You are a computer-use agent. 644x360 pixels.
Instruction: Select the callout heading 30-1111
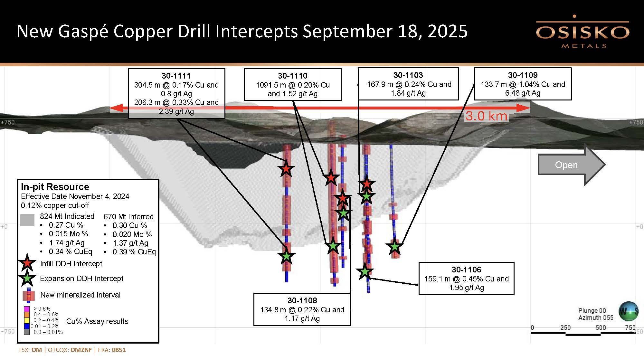(x=176, y=76)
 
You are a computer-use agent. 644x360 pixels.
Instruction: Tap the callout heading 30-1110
(x=293, y=76)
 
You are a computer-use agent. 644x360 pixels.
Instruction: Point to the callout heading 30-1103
(x=408, y=75)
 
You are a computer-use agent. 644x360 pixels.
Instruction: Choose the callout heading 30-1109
(x=523, y=75)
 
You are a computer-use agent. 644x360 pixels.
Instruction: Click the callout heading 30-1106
(x=466, y=270)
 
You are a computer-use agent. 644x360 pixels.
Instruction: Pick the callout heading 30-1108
(x=302, y=301)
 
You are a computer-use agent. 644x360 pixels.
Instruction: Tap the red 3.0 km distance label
(x=486, y=116)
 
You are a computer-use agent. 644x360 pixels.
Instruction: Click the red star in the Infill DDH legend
(x=27, y=263)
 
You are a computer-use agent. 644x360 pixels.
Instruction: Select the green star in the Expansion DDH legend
(x=27, y=278)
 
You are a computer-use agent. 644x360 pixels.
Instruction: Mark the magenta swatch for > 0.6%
(x=27, y=309)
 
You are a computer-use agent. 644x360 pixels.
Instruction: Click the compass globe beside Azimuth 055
(x=628, y=311)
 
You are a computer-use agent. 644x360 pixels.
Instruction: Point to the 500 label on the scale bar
(x=601, y=328)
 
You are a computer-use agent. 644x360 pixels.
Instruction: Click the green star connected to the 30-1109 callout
(x=394, y=247)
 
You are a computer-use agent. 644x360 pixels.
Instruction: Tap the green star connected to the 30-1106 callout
(x=365, y=271)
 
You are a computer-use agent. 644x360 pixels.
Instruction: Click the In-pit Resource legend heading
(x=55, y=187)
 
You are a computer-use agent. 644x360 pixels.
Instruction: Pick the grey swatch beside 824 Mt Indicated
(x=27, y=220)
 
